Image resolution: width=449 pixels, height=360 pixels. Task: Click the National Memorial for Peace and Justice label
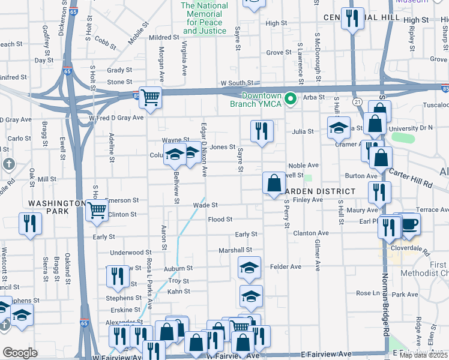(x=204, y=18)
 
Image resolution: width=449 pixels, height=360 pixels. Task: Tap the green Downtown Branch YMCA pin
(x=291, y=98)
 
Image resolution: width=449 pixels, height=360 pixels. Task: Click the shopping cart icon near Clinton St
(x=96, y=211)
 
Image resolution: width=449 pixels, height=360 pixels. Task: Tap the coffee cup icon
(x=410, y=224)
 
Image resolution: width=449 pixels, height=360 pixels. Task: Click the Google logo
(x=20, y=353)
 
